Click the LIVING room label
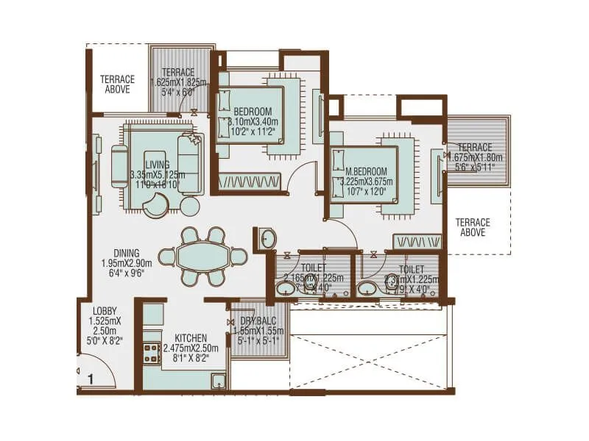pos(157,165)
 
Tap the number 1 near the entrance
pos(90,380)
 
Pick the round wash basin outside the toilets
pos(268,237)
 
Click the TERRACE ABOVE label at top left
pos(118,84)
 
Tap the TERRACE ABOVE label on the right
pos(472,227)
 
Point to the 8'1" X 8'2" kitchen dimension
pos(190,358)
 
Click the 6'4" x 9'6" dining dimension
pos(127,273)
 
